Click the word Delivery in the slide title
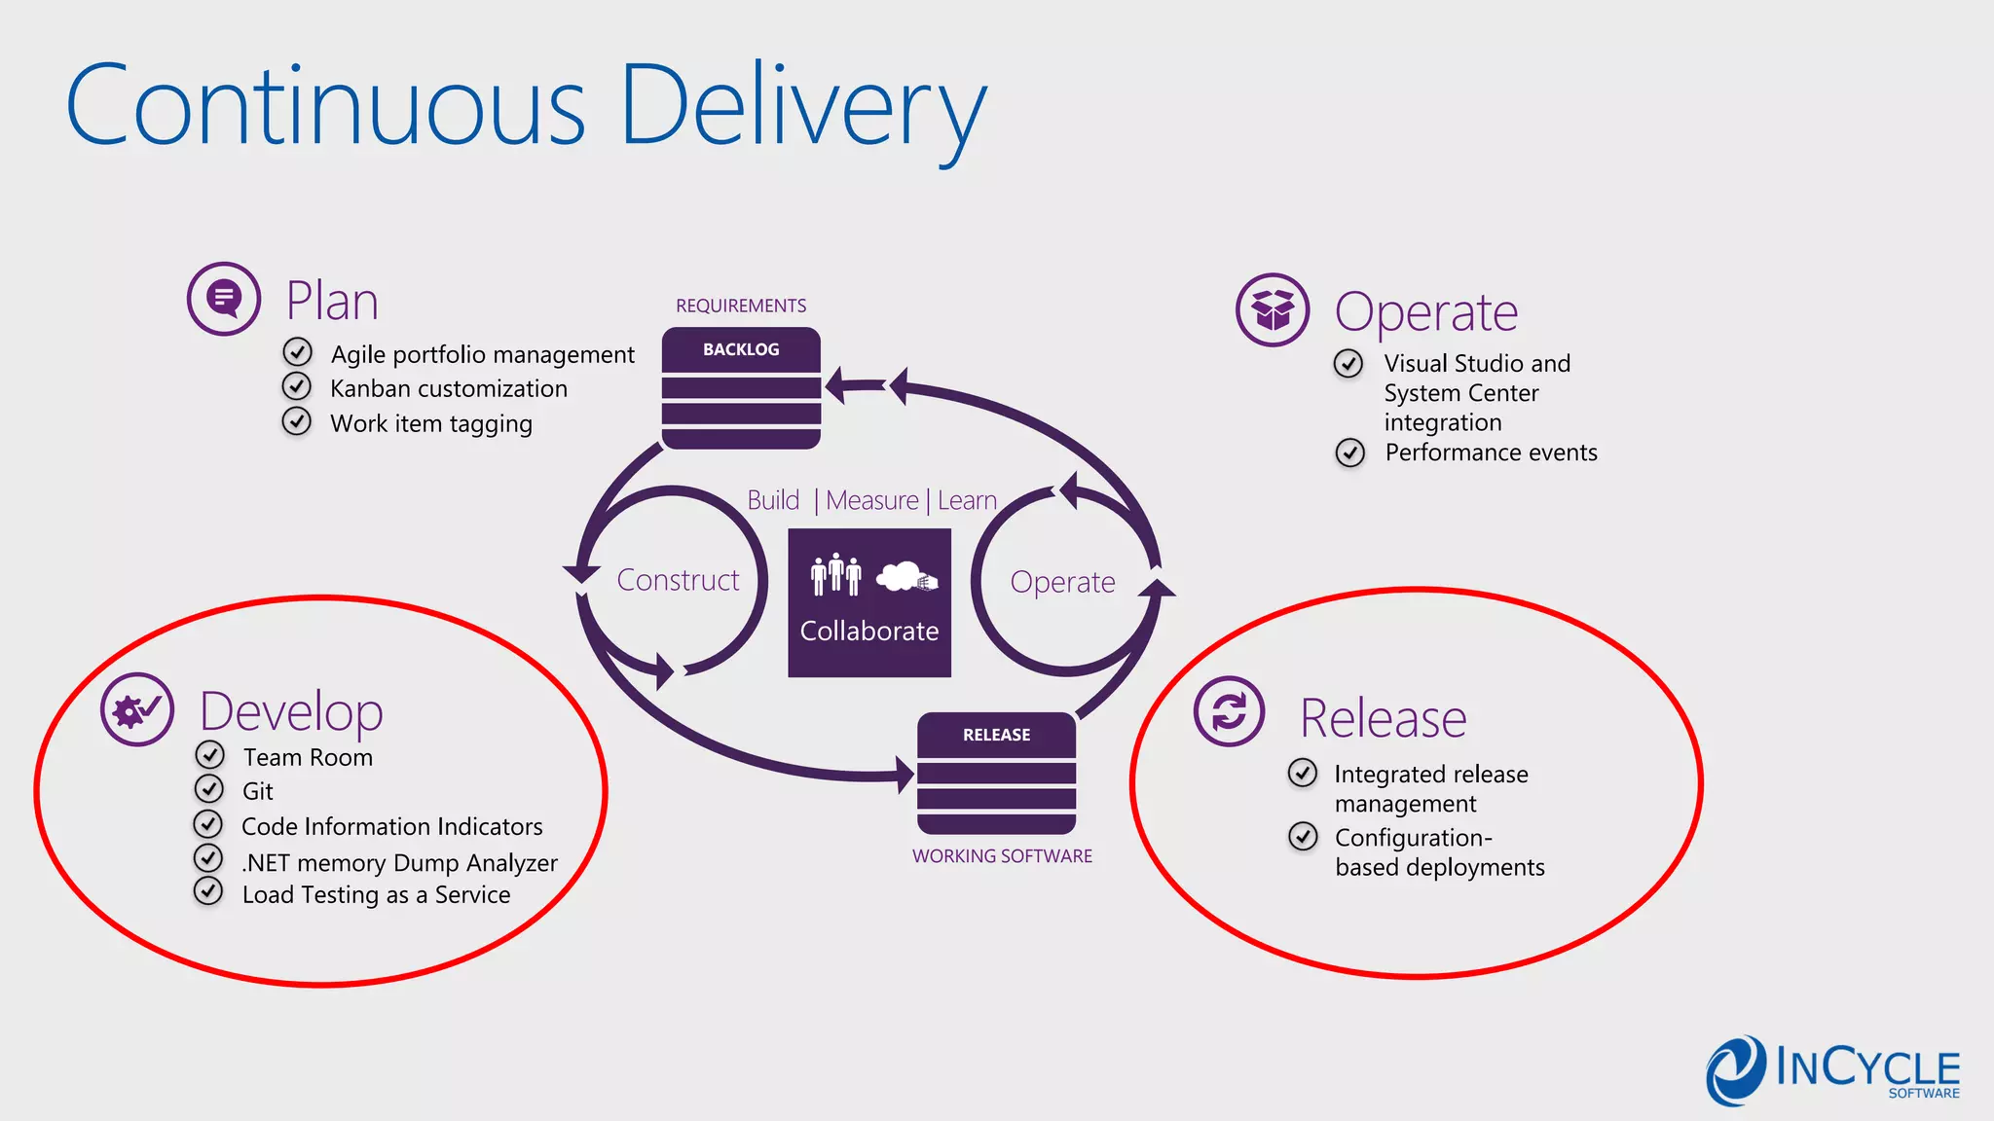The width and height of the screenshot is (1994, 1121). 802,105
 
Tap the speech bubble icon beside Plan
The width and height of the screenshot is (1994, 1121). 224,298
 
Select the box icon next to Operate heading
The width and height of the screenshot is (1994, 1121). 1272,310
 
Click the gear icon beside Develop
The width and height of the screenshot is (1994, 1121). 137,709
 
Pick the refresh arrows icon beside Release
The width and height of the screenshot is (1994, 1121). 1229,711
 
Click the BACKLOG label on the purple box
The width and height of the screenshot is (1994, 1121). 741,349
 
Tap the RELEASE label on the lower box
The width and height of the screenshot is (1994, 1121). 996,735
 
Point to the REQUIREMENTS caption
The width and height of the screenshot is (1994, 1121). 741,306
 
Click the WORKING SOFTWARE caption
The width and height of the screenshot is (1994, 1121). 1002,856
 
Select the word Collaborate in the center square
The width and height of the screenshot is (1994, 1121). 868,632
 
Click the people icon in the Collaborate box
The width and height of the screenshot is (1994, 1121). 835,575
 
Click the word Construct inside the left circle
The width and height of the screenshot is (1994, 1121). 678,580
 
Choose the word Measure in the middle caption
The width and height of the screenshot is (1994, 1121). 871,500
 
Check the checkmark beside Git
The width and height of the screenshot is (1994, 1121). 208,788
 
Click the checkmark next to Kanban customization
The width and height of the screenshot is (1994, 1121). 297,386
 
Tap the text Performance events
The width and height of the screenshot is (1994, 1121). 1491,452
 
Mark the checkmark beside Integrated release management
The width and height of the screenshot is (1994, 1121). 1303,773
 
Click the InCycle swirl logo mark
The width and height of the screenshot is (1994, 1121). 1735,1070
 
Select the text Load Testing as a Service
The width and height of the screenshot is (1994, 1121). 376,895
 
